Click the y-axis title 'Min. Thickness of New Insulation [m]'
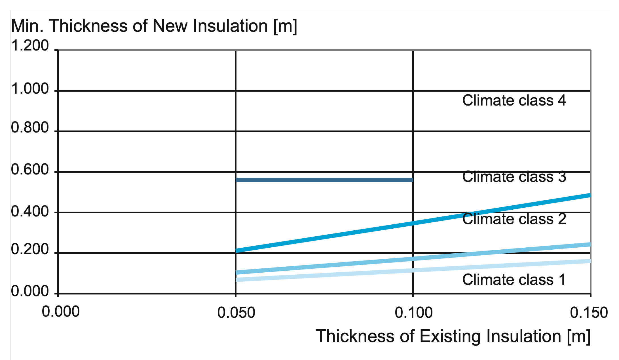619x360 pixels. point(154,26)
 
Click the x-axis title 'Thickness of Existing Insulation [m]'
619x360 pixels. point(453,336)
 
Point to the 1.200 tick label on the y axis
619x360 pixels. point(30,46)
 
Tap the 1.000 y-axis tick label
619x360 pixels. point(30,89)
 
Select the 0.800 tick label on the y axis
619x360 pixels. point(30,128)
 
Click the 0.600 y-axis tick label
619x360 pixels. point(30,170)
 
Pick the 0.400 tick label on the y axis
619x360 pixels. point(30,212)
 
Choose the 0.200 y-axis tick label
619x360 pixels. point(30,250)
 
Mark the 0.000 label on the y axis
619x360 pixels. point(30,291)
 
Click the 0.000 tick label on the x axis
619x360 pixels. point(61,312)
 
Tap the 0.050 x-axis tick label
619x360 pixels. point(236,313)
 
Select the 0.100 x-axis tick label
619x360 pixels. point(413,313)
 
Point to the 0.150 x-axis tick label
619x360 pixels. point(589,313)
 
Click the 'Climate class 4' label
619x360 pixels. point(514,100)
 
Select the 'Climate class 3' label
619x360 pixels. point(514,177)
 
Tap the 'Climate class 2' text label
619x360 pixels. point(514,219)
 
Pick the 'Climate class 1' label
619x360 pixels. point(514,280)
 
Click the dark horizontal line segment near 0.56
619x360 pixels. point(324,180)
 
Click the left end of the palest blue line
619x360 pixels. point(237,280)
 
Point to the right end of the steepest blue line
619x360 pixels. point(589,195)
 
